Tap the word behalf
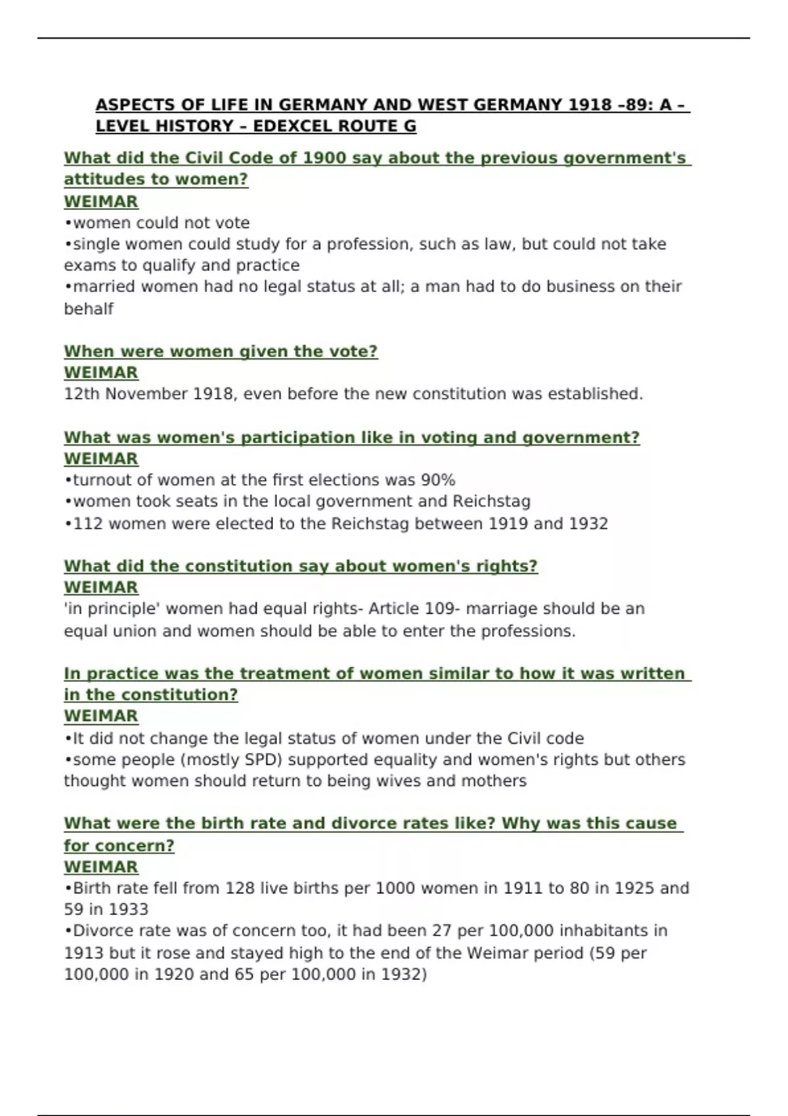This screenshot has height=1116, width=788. point(89,309)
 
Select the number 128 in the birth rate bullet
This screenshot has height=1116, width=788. point(240,888)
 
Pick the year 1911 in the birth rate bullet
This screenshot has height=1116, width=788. point(523,888)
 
